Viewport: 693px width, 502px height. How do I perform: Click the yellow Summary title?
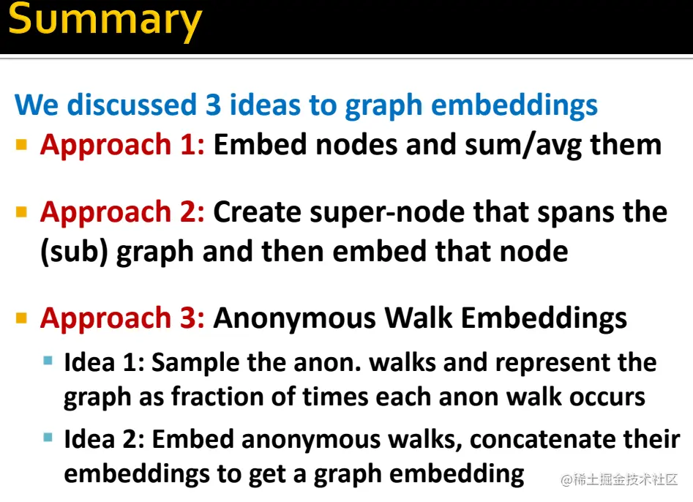point(105,20)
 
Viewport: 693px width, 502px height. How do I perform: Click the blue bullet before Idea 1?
point(48,361)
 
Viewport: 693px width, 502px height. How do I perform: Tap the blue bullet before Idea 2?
point(48,438)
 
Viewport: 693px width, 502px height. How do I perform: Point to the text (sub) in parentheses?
point(74,252)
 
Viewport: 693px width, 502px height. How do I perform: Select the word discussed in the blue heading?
point(132,105)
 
